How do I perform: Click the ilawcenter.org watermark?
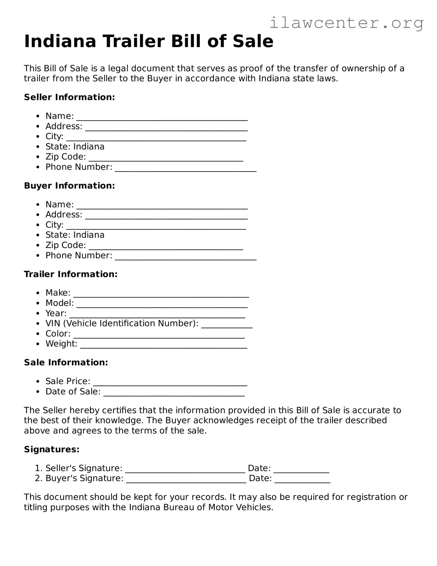[x=346, y=23]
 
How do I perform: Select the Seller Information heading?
[x=69, y=97]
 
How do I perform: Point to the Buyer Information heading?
[x=69, y=186]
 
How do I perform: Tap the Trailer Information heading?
[x=71, y=274]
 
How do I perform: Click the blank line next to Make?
[x=161, y=295]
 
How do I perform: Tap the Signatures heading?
[x=52, y=449]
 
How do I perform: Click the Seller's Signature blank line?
[x=185, y=471]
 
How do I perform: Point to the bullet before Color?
[x=38, y=334]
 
